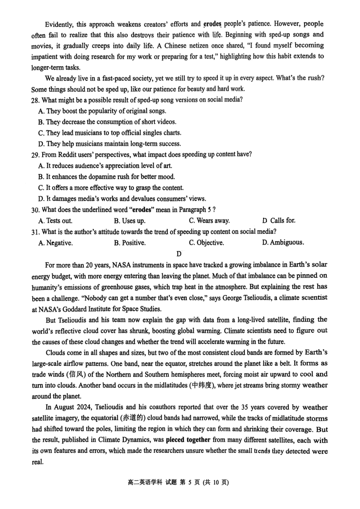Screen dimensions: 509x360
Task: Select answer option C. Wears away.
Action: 209,221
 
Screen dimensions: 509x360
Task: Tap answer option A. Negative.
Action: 56,243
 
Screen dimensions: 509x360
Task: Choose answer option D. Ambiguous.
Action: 283,243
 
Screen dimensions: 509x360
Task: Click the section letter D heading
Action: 179,254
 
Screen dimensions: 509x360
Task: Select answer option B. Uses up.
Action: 130,221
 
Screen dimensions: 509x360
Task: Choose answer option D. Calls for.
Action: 279,221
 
